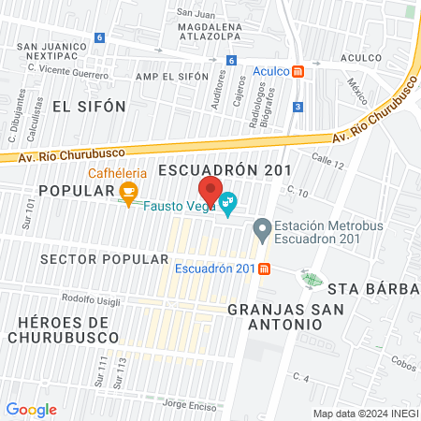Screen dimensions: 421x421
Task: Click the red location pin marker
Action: click(211, 191)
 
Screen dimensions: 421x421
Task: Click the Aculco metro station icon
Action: click(298, 71)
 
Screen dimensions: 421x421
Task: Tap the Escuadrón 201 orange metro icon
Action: click(265, 269)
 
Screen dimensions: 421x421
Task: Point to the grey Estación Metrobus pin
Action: click(262, 227)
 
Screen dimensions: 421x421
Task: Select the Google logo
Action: click(31, 410)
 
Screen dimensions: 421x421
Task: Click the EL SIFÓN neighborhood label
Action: click(89, 107)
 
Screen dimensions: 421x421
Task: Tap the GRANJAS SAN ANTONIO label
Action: click(274, 315)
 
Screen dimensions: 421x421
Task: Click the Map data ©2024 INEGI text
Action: click(365, 413)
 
